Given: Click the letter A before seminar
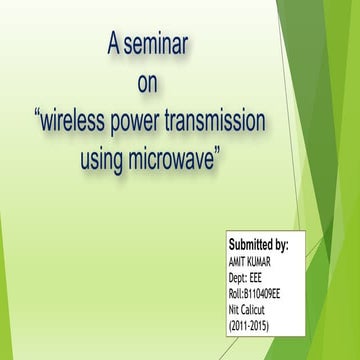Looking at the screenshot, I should pyautogui.click(x=114, y=44).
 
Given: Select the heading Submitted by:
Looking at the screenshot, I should pyautogui.click(x=259, y=244).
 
